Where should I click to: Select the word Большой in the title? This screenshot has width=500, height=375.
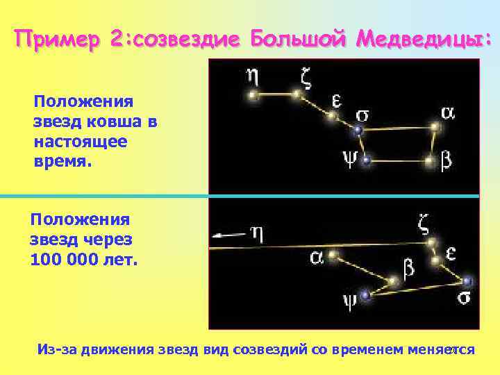(299, 40)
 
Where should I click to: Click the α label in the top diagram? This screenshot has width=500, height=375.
(448, 112)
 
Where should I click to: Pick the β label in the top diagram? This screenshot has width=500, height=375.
(447, 161)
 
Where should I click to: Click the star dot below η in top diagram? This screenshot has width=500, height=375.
(254, 94)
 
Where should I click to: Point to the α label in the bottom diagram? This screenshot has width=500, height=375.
(316, 258)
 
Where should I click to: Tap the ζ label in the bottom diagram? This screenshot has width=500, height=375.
(424, 224)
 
